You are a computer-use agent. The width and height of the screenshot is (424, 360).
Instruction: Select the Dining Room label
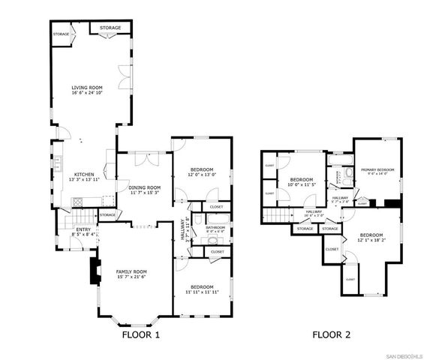coord(143,187)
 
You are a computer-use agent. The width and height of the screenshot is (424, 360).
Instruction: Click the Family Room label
coord(131,271)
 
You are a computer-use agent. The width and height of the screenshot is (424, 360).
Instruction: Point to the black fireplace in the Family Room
coord(93,271)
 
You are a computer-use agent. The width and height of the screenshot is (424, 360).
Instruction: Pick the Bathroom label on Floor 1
coord(216,227)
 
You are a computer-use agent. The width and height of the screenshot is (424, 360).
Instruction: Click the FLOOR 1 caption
coord(140,334)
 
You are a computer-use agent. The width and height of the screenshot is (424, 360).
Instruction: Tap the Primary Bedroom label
coord(377,169)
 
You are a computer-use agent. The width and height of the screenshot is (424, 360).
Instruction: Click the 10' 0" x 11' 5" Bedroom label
coord(301,180)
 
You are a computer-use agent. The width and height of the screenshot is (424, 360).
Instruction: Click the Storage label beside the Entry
coord(107,215)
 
